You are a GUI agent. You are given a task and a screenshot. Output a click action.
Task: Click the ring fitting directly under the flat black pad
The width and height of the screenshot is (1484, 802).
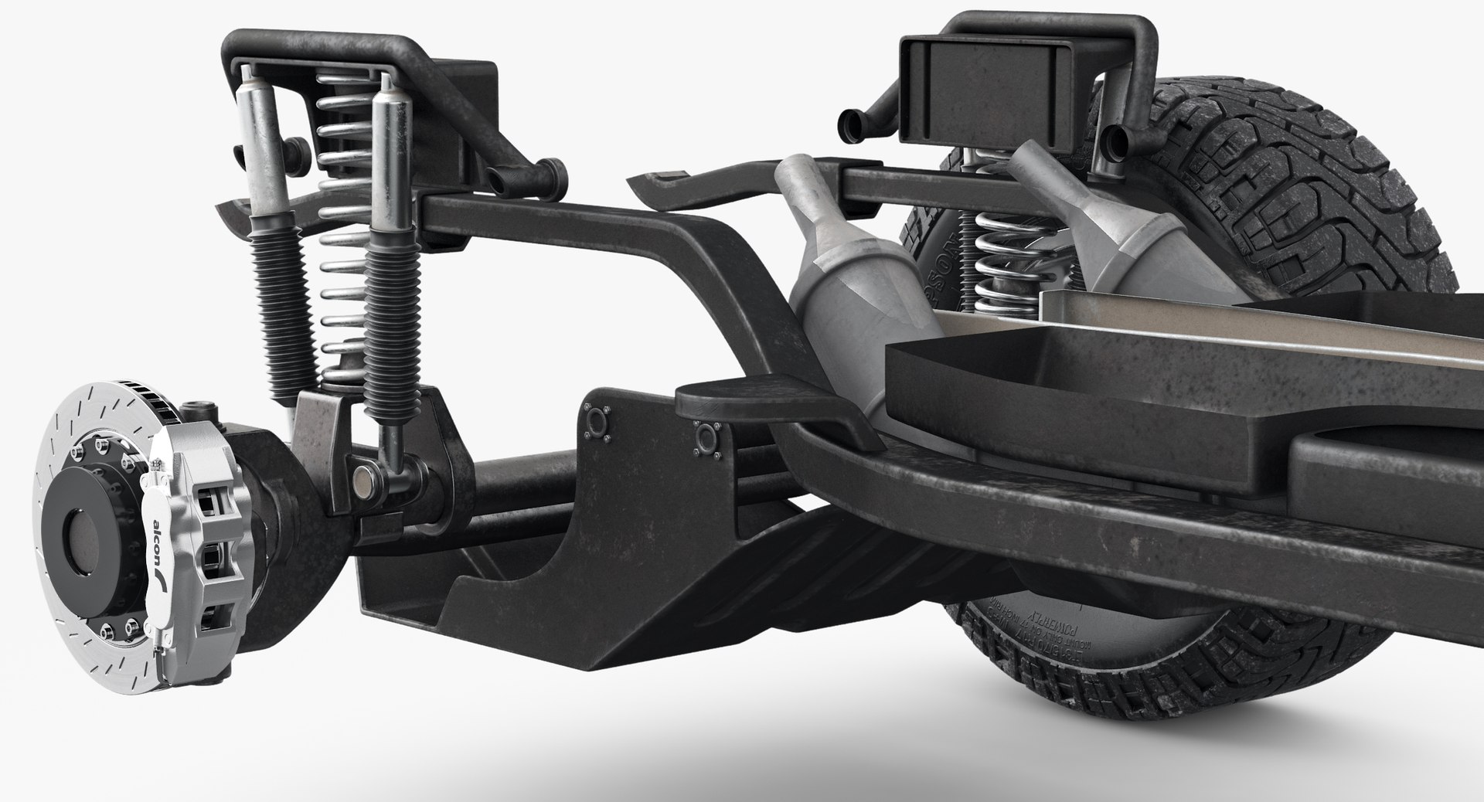point(703,439)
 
